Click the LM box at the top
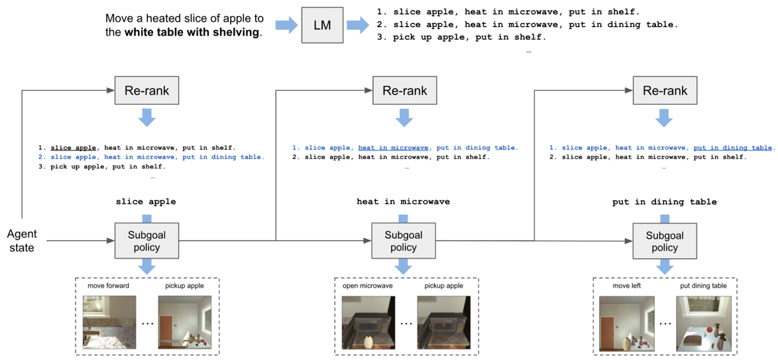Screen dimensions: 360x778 [x=323, y=26]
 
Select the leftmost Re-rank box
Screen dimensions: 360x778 [x=146, y=91]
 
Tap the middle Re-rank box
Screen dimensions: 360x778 [x=404, y=91]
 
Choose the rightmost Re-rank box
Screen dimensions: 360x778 [x=665, y=91]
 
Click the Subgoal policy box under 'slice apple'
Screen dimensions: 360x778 [x=146, y=240]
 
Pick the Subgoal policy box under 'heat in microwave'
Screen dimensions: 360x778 [x=403, y=240]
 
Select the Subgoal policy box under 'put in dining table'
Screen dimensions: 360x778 [x=664, y=240]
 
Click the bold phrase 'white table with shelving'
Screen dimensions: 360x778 [x=192, y=32]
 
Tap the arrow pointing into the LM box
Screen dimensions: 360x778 [x=286, y=26]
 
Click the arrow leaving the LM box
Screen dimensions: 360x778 [x=358, y=26]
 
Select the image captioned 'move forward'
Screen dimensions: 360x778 [x=108, y=322]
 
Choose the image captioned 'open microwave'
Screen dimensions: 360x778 [x=368, y=322]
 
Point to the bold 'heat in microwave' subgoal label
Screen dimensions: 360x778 [x=403, y=202]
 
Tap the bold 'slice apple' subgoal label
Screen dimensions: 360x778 [x=146, y=202]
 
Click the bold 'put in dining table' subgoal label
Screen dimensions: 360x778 [x=664, y=202]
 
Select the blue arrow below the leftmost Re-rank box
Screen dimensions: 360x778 [x=146, y=118]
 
